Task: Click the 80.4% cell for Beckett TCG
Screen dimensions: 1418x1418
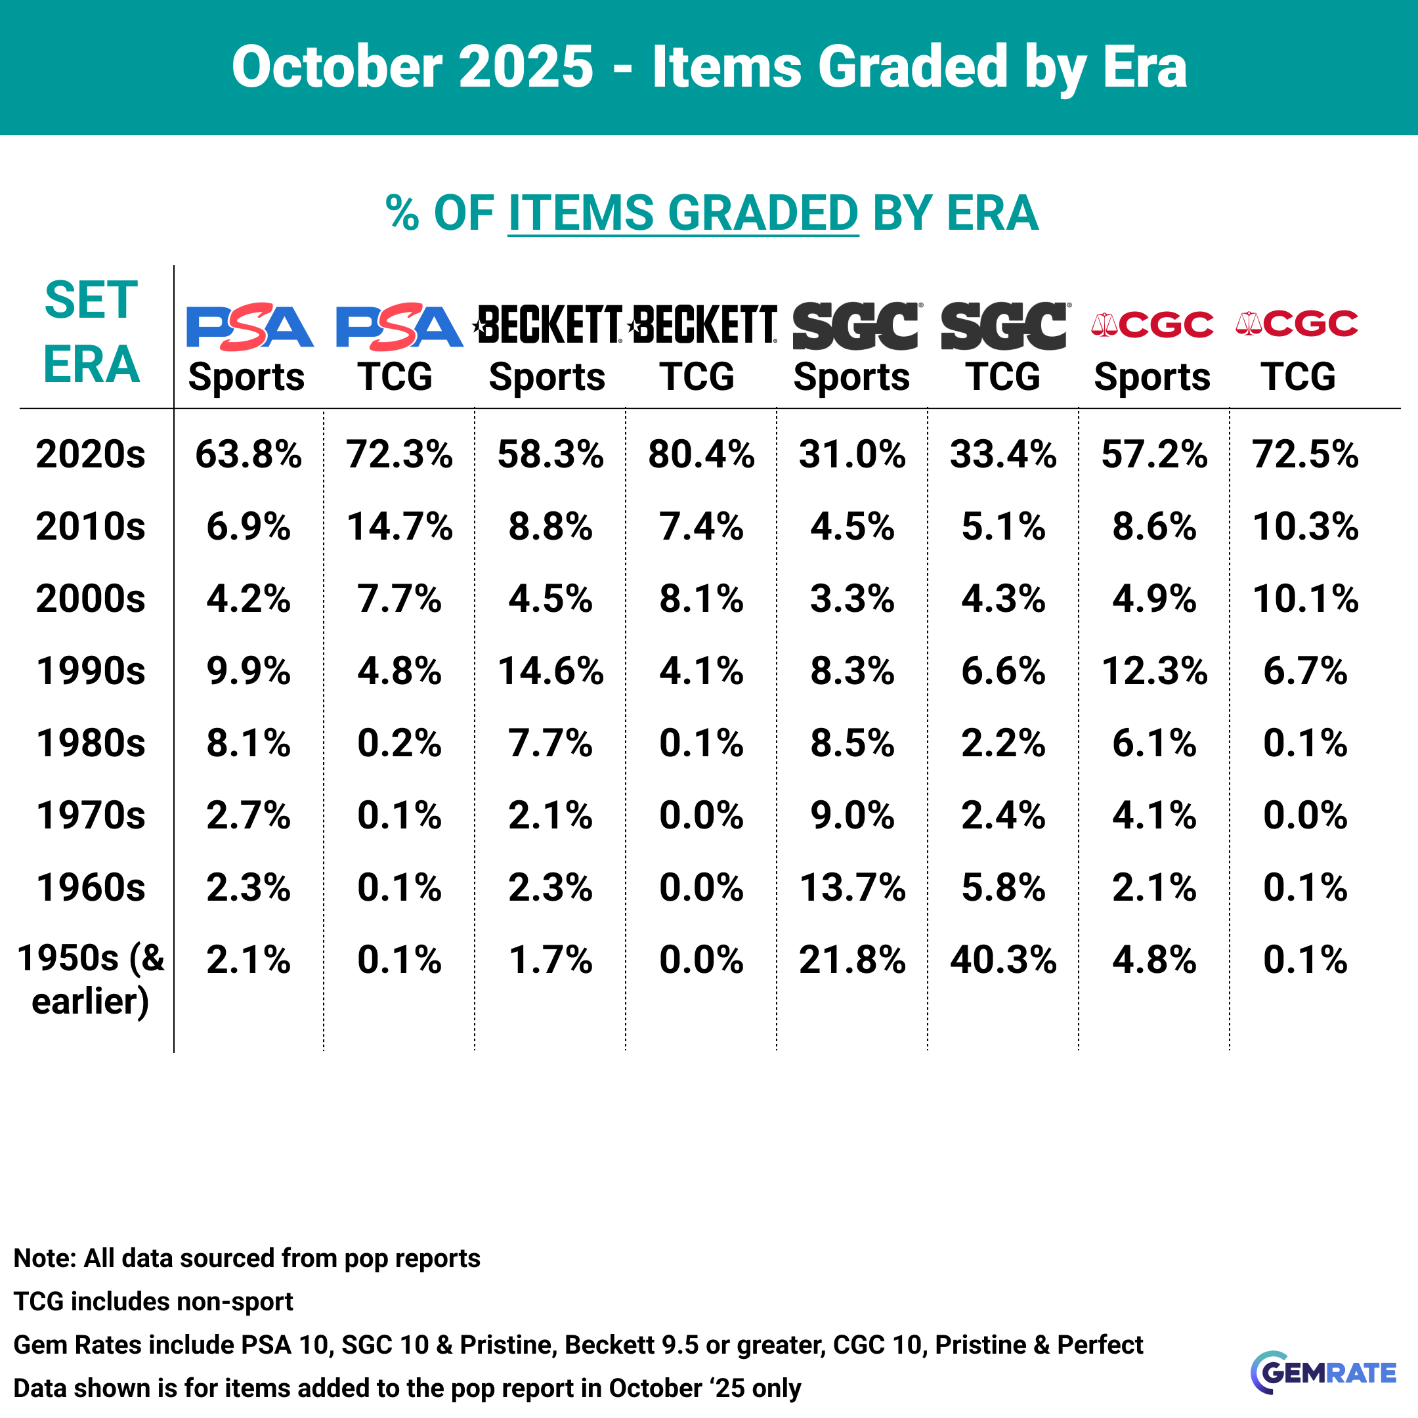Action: [701, 454]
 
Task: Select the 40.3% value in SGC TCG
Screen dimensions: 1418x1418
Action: [1002, 960]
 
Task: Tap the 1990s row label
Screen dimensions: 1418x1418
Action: [91, 671]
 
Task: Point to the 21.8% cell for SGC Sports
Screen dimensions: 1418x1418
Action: [852, 960]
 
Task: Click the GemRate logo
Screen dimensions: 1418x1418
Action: [1323, 1372]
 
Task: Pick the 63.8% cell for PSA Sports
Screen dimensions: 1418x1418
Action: [248, 454]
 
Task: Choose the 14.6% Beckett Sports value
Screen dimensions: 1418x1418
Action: [551, 671]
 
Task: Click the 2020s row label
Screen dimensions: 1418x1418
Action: [91, 454]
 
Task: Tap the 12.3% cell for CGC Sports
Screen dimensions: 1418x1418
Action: [1154, 671]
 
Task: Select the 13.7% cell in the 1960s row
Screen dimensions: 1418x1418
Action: [852, 888]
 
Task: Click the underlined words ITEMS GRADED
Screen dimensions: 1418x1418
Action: [683, 213]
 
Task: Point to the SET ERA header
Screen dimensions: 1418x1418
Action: [91, 332]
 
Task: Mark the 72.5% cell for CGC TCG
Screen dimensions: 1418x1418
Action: [1305, 454]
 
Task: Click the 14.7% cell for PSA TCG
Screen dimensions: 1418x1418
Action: [399, 527]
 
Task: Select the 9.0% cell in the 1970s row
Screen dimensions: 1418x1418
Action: [852, 815]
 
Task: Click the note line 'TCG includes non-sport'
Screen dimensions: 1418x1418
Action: [154, 1301]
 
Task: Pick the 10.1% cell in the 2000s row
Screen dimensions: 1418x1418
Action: [1305, 599]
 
